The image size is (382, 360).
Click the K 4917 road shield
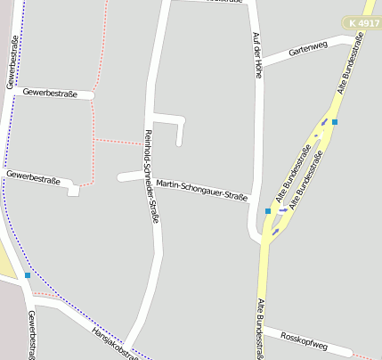pos(364,22)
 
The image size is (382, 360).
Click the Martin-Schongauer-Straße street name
pos(201,190)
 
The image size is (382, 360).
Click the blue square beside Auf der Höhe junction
pos(268,211)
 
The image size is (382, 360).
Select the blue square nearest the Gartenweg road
pos(335,122)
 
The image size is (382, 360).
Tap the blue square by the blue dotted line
pos(28,275)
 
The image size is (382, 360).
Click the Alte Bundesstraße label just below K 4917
pos(351,63)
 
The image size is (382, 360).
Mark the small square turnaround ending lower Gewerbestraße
pos(73,190)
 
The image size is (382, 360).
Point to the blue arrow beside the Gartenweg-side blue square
pos(325,123)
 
